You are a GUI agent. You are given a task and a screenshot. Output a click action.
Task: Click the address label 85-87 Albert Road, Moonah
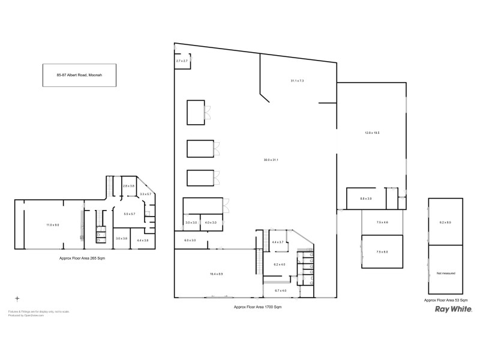pos(78,75)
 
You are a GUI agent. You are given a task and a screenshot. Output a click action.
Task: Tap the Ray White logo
pos(453,310)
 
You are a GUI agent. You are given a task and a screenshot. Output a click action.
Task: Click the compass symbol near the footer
pos(17,298)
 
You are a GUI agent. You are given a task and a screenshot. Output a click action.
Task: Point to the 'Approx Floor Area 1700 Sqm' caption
pos(257,307)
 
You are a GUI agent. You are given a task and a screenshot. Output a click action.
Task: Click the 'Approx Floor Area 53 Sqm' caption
pos(445,299)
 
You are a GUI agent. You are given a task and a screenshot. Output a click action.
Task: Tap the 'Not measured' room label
pos(445,273)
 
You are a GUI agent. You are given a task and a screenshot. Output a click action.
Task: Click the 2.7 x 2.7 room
pos(182,61)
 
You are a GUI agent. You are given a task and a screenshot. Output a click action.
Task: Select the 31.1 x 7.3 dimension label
pos(298,80)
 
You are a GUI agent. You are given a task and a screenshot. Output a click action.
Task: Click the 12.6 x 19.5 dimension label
pos(372,133)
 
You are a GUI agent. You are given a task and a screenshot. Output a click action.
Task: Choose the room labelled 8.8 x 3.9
pos(365,199)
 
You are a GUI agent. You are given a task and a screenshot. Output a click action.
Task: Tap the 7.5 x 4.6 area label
pos(382,223)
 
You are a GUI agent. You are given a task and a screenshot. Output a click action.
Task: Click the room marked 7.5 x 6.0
pos(382,252)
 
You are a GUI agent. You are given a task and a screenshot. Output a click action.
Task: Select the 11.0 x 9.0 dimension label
pos(53,224)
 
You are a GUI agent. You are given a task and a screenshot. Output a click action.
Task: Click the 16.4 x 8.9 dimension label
pos(217,274)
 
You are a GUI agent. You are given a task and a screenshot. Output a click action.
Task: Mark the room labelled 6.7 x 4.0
pos(281,290)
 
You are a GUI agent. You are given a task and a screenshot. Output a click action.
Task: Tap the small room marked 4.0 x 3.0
pos(211,223)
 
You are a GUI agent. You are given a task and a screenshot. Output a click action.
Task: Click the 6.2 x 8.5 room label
pos(445,222)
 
